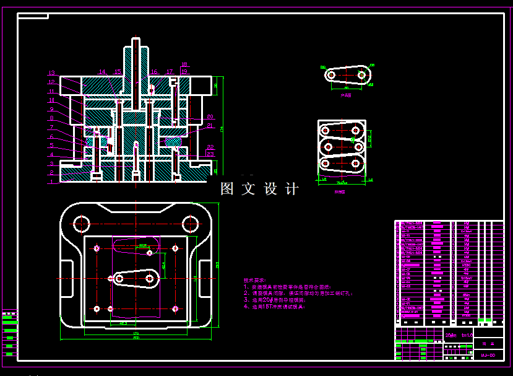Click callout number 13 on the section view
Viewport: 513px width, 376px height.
pyautogui.click(x=52, y=73)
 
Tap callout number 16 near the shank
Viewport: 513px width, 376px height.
pyautogui.click(x=154, y=72)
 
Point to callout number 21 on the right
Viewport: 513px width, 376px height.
pyautogui.click(x=210, y=126)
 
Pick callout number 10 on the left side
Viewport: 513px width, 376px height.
pyautogui.click(x=52, y=100)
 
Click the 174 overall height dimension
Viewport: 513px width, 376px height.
pyautogui.click(x=222, y=128)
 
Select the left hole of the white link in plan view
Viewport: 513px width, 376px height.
pyautogui.click(x=119, y=279)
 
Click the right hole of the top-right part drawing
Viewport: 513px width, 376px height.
pyautogui.click(x=362, y=74)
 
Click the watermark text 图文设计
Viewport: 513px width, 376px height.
pyautogui.click(x=259, y=189)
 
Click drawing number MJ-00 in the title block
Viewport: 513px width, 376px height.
pyautogui.click(x=487, y=356)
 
